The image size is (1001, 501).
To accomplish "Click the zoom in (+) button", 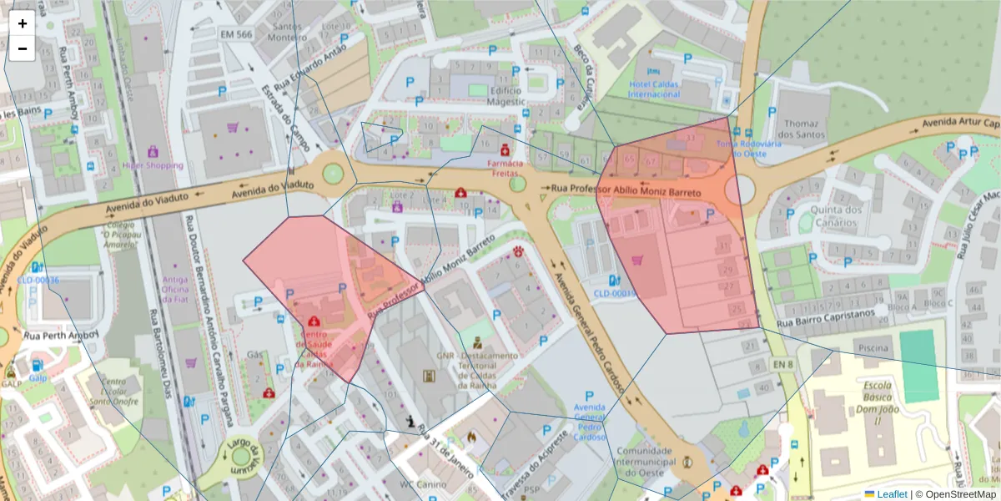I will click(x=23, y=23).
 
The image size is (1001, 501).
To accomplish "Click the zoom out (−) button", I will click(x=23, y=48).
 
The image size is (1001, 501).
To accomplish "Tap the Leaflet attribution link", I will click(x=892, y=494).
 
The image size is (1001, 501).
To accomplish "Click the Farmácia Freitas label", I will click(x=506, y=168).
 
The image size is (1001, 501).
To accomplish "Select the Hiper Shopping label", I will click(x=153, y=165).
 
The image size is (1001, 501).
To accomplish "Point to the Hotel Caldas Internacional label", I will click(x=654, y=89).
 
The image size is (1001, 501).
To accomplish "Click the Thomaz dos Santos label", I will click(x=800, y=128).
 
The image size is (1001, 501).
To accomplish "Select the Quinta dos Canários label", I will click(x=836, y=215).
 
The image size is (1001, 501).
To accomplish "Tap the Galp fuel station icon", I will click(x=36, y=366).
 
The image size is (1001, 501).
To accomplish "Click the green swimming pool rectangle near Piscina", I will click(x=918, y=366).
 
